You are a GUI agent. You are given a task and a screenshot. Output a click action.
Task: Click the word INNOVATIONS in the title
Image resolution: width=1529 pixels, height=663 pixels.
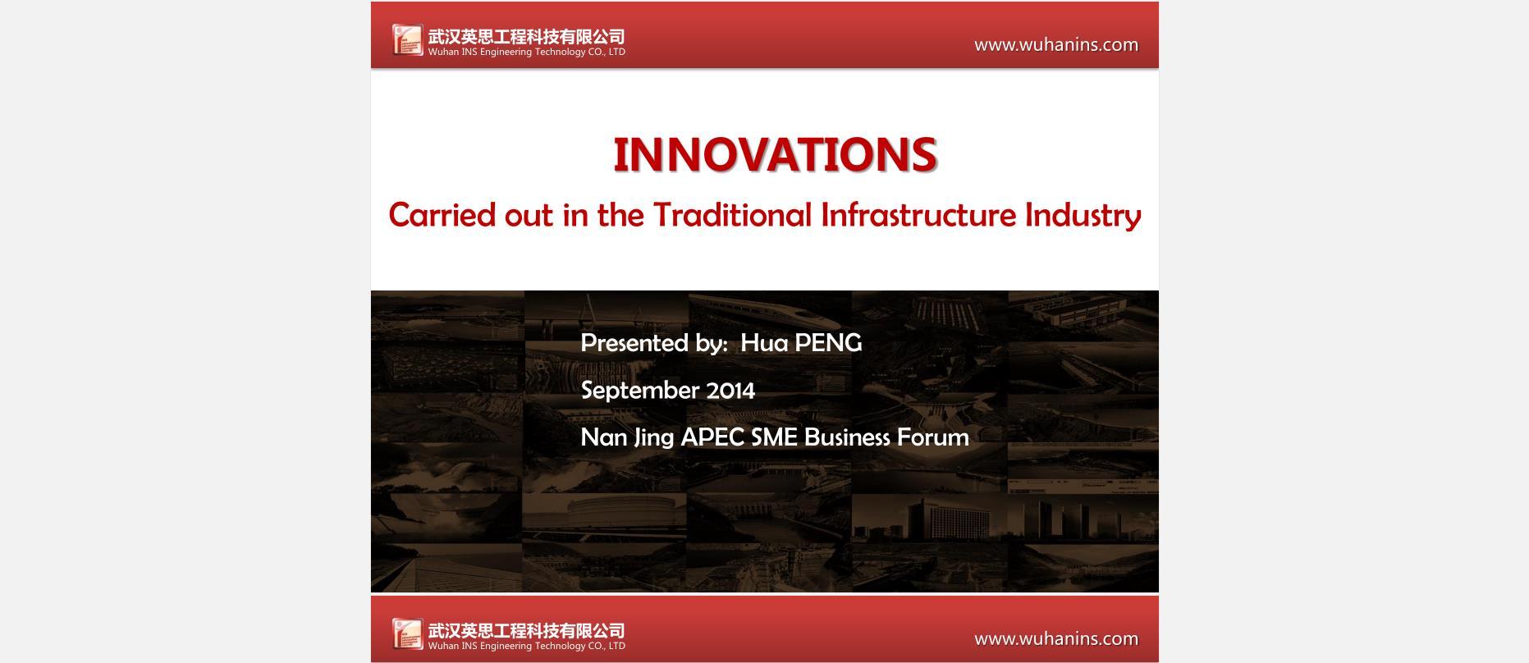pos(775,154)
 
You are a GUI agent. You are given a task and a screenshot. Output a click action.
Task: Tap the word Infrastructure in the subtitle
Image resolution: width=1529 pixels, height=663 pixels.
pos(918,215)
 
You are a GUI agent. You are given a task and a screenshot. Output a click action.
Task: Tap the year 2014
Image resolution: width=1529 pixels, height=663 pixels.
pos(730,391)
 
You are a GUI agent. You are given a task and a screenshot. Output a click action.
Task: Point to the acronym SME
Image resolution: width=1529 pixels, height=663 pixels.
pos(774,437)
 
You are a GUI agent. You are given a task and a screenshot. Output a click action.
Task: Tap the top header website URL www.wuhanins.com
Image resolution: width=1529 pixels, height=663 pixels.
pos(1056,45)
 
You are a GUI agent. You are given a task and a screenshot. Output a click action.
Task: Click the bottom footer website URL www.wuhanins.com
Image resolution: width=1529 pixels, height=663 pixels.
pos(1056,639)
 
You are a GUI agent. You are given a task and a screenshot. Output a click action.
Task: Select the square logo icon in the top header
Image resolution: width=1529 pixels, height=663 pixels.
pos(407,39)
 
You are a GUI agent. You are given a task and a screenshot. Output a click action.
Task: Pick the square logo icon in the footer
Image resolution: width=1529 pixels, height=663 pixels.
pos(407,633)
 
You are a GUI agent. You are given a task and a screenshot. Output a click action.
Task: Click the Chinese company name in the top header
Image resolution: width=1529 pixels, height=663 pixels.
pos(526,36)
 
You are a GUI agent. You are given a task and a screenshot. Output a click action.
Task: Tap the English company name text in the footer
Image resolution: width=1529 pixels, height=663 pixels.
pos(526,646)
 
